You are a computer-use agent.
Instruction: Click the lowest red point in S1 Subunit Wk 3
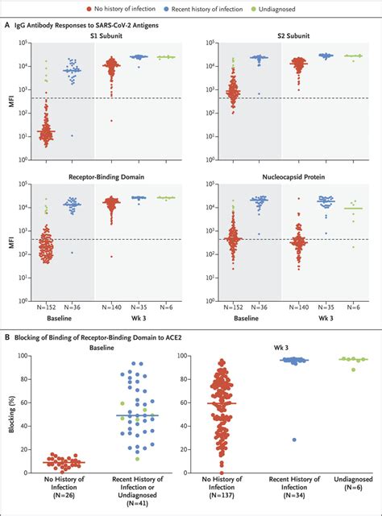112,121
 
